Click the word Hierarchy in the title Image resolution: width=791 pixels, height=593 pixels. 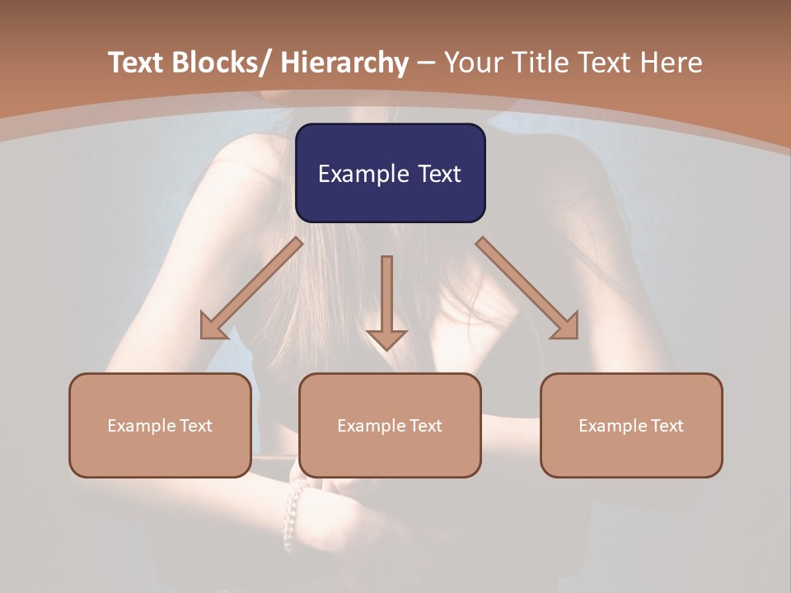pos(344,63)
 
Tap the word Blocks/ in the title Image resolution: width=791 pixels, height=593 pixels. pos(223,63)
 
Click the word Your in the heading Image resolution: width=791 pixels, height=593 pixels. pos(472,63)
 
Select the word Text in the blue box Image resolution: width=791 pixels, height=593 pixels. pos(437,174)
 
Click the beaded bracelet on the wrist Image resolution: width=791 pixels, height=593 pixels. pos(293,511)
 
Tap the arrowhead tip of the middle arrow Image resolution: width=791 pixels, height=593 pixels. pos(386,348)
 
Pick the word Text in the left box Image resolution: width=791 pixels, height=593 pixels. pos(196,426)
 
